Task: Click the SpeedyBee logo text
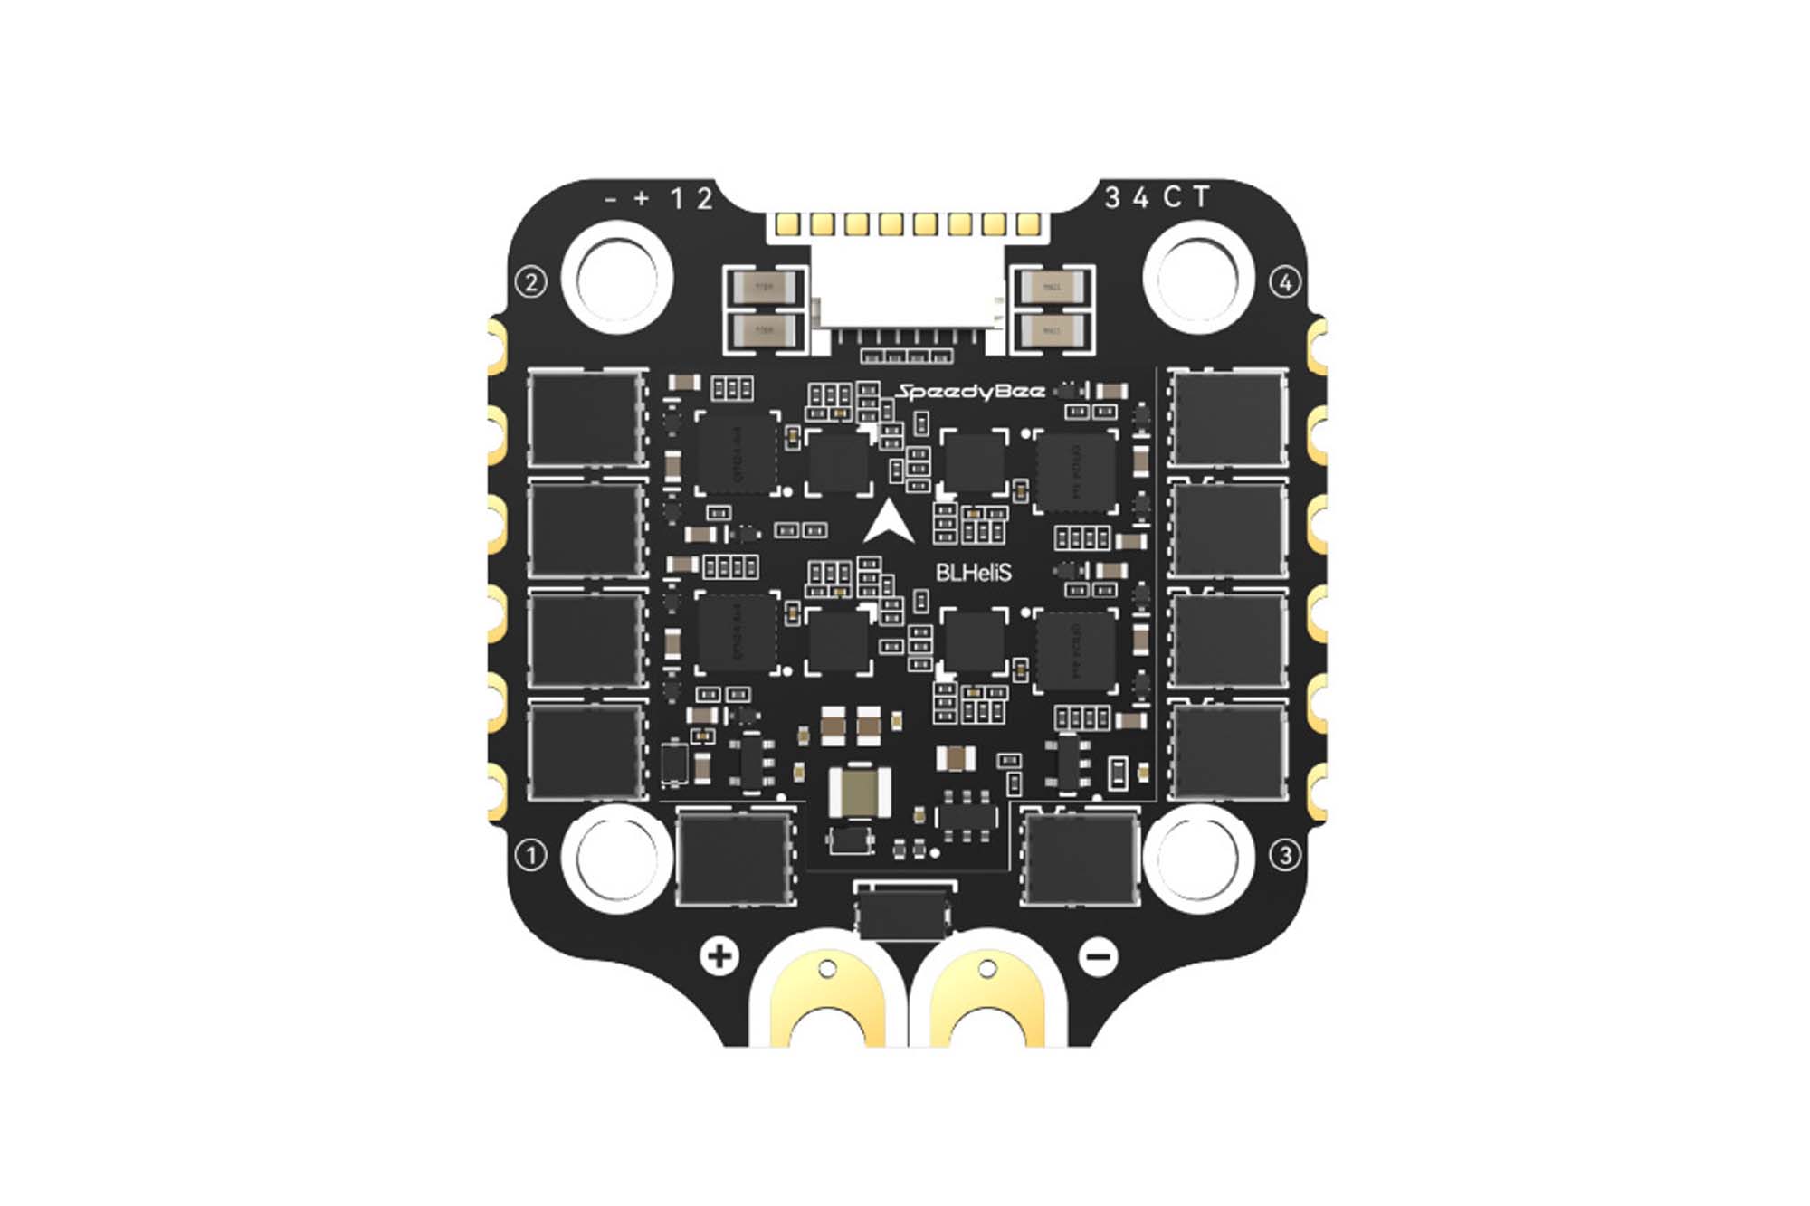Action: point(970,392)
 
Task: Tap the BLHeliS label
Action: point(973,573)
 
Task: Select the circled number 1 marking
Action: point(531,855)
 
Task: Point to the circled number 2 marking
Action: point(531,282)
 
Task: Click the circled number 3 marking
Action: point(1285,855)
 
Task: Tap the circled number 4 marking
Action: point(1285,282)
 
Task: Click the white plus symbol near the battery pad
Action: point(720,956)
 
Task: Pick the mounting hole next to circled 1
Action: point(617,855)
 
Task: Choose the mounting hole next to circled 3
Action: point(1198,855)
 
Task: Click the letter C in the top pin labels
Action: point(1172,197)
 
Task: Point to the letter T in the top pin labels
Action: point(1201,197)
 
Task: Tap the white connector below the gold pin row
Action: point(908,290)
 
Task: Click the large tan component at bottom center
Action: point(859,791)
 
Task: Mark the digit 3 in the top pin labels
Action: point(1112,197)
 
